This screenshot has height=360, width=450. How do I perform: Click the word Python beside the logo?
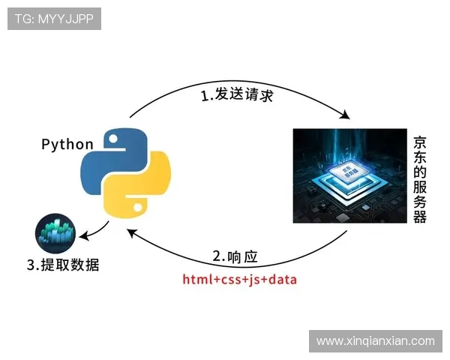pos(67,144)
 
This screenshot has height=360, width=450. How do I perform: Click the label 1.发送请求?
pos(236,97)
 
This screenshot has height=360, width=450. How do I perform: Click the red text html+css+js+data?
pos(240,280)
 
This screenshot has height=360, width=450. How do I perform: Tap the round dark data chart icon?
pos(55,233)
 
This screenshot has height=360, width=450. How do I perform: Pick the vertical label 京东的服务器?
pos(420,179)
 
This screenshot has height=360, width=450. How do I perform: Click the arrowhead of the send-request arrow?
pos(346,116)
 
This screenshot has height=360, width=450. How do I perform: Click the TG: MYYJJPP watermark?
pos(54,18)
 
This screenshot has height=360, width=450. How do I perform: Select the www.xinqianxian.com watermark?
pos(375,340)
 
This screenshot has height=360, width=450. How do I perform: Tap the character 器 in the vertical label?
pos(420,216)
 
